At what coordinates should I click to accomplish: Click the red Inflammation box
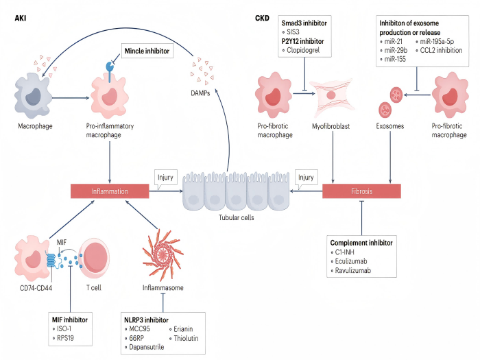point(110,191)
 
